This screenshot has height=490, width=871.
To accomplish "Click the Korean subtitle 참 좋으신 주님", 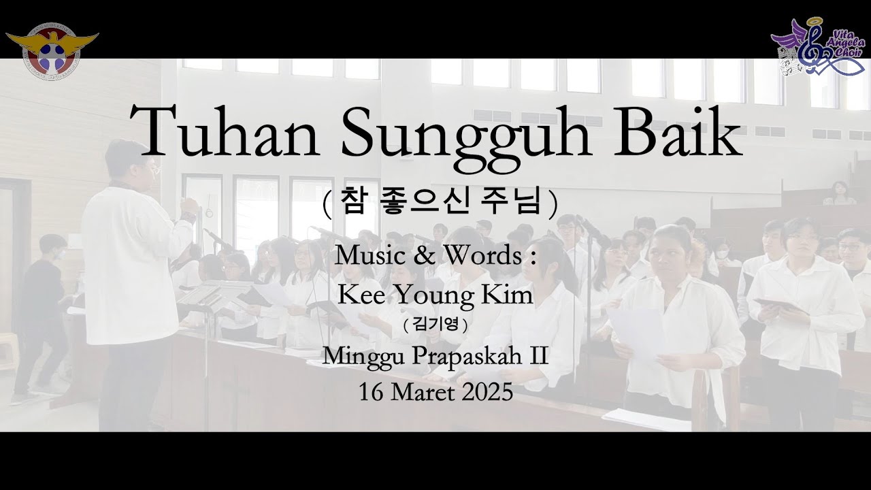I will coord(440,202).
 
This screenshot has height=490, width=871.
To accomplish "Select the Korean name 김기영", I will coord(435,325).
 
